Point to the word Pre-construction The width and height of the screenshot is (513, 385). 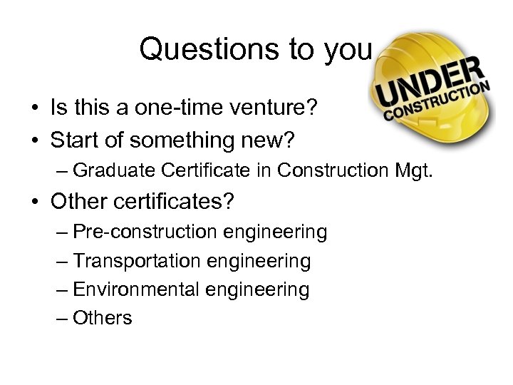(x=146, y=232)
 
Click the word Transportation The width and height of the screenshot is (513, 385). (x=138, y=262)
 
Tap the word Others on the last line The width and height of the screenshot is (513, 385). (x=103, y=318)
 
